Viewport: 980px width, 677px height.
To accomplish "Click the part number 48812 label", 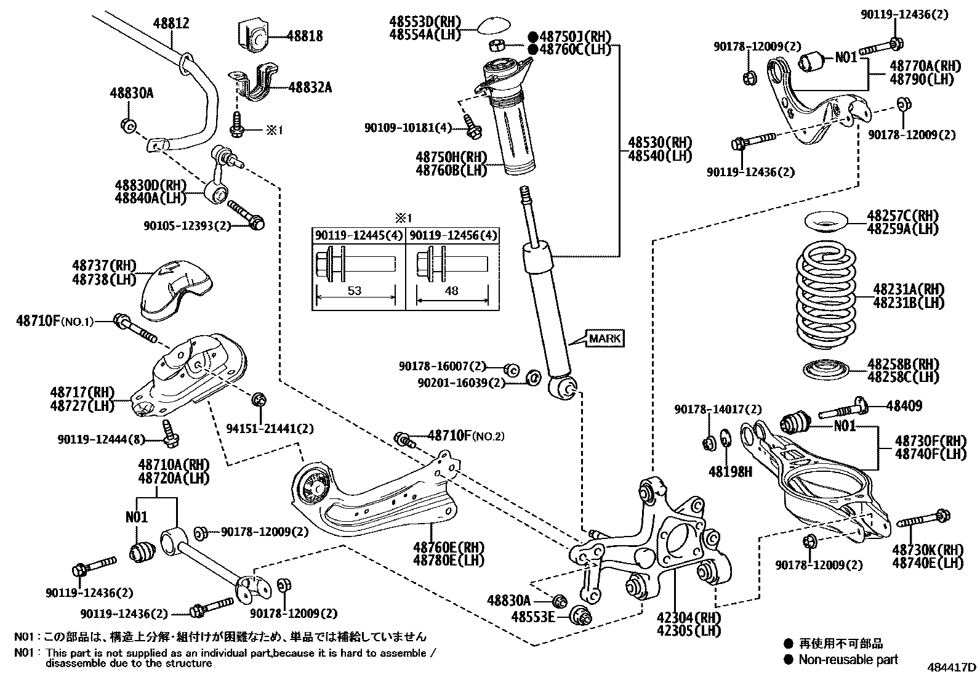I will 171,23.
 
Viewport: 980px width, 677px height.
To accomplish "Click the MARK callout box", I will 605,338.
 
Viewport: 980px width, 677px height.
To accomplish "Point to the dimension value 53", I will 355,291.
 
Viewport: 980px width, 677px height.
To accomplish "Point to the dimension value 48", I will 451,291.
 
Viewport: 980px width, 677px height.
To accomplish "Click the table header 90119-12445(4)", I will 359,236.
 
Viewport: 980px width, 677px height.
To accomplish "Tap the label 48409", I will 904,406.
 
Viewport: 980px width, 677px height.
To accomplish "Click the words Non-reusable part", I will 848,660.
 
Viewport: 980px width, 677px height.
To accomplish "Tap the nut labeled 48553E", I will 580,615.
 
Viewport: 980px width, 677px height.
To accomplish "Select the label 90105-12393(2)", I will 187,226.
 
